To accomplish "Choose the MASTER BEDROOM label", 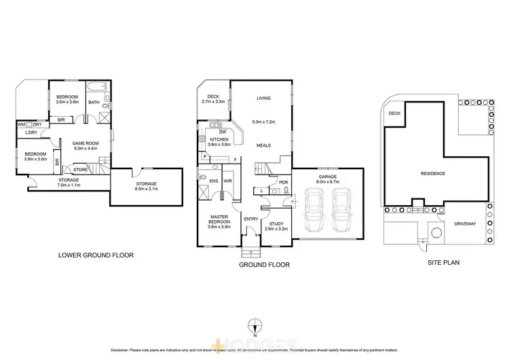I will pos(218,219).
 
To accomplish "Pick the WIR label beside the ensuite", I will pos(227,181).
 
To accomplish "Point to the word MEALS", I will pos(264,145).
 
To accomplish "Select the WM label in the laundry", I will pos(22,124).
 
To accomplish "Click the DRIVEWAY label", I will pos(466,221).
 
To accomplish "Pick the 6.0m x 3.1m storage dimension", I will pos(147,190).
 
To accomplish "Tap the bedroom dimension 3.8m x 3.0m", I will pos(36,160).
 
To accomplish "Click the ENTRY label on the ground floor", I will pos(250,219).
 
